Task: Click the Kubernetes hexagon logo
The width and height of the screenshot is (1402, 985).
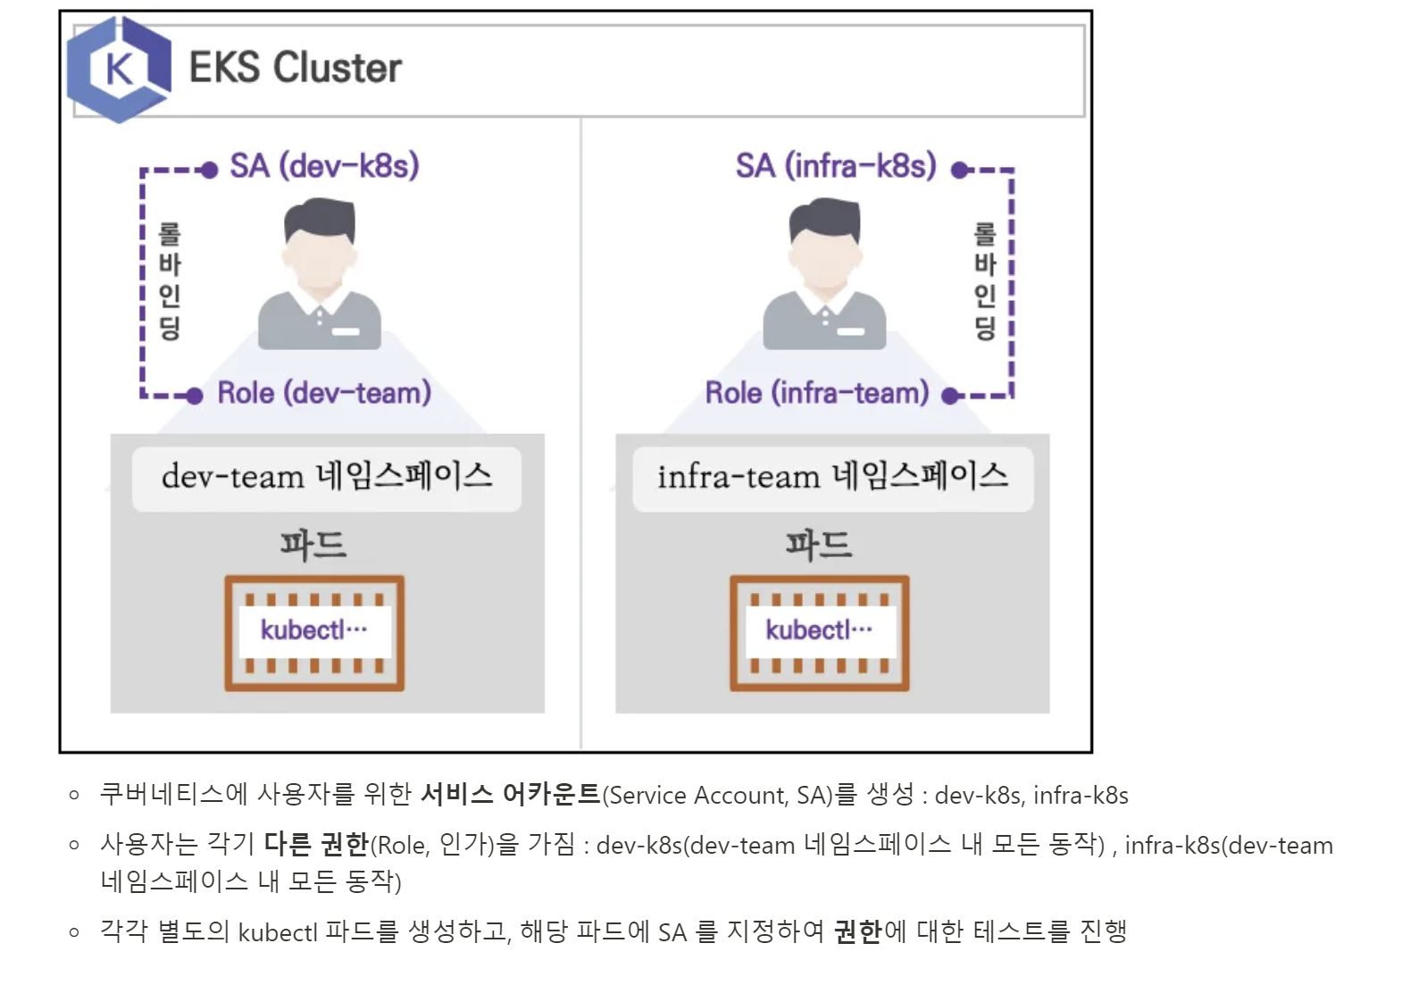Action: point(119,69)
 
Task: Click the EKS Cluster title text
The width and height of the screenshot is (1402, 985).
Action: point(296,68)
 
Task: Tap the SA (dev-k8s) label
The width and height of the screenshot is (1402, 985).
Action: point(324,166)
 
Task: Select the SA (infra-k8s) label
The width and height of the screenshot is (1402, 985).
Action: point(836,166)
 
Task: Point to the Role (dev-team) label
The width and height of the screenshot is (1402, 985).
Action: point(324,393)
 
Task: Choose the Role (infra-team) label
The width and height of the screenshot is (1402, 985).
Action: point(817,393)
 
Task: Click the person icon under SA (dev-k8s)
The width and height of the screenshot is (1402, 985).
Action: point(319,273)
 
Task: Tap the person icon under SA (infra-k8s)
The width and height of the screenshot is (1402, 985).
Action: point(824,273)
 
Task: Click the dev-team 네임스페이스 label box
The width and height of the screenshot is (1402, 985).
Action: point(327,479)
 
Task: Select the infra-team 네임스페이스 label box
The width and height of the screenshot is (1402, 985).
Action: point(832,479)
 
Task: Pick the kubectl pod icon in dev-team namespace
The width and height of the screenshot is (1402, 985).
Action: point(314,633)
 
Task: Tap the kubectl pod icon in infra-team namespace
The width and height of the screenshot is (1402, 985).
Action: point(819,633)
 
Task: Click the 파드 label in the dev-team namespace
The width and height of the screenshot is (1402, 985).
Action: point(313,545)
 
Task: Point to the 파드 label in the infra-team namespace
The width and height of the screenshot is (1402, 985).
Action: point(819,545)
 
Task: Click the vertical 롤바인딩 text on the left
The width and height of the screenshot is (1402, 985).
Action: point(169,281)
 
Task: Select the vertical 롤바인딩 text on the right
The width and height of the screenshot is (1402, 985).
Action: point(985,281)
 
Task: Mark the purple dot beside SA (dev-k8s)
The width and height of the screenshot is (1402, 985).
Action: point(209,170)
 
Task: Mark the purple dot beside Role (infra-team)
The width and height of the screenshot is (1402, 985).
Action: point(950,397)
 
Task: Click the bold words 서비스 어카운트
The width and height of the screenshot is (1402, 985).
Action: point(511,794)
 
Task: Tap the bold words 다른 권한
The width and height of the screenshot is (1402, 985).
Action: point(317,844)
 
